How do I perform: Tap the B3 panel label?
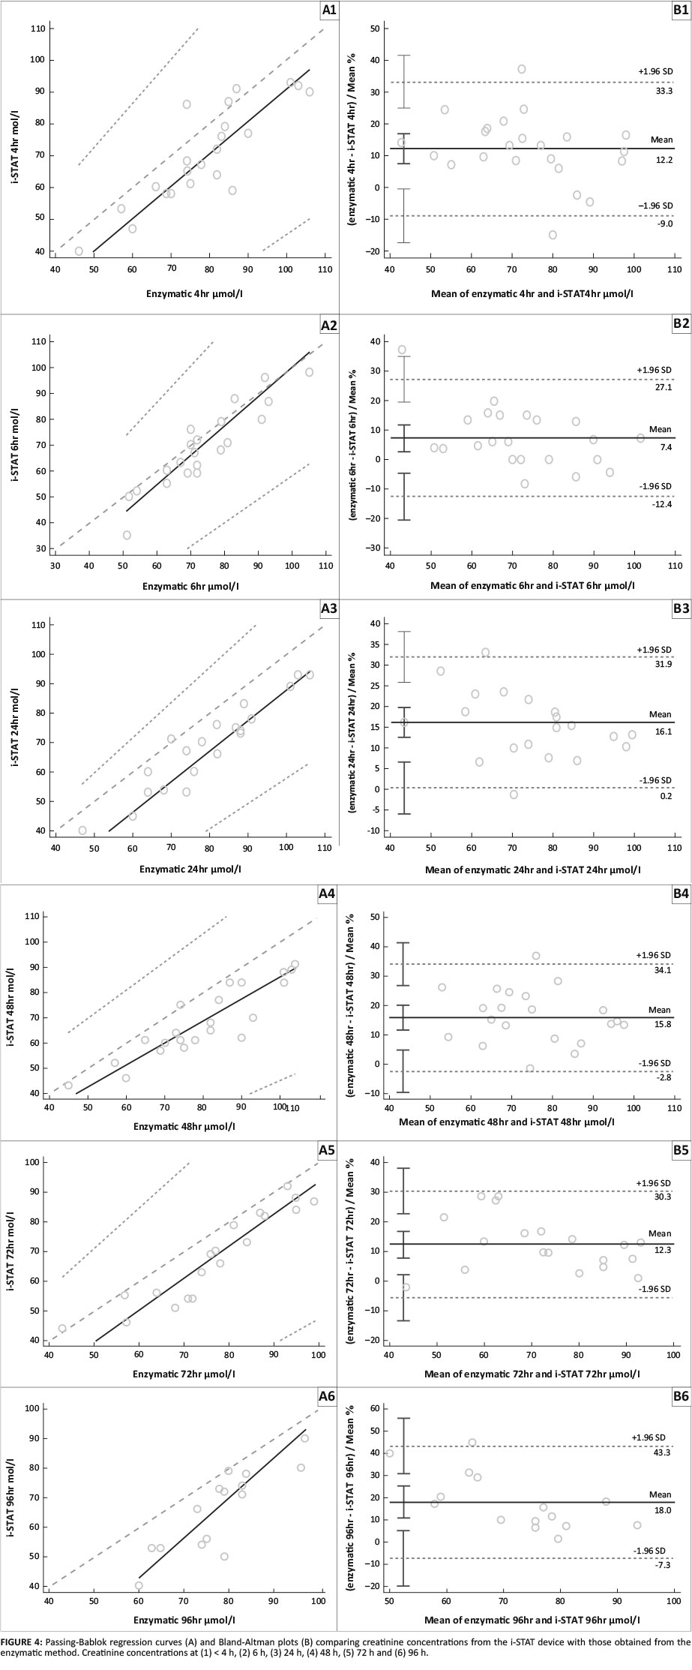[x=681, y=609]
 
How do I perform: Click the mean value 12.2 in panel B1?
[x=664, y=161]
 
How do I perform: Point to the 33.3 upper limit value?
[x=664, y=91]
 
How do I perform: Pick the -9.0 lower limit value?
[x=664, y=224]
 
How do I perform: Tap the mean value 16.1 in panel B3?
[x=664, y=728]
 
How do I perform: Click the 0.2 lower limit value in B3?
[x=664, y=795]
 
